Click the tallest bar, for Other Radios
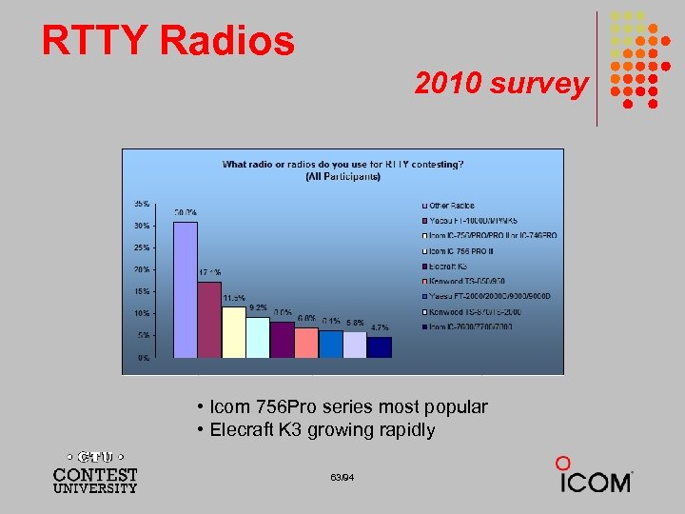pyautogui.click(x=185, y=289)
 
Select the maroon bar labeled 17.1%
pyautogui.click(x=209, y=320)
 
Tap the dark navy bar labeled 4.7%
pyautogui.click(x=380, y=346)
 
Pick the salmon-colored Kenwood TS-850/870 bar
pyautogui.click(x=306, y=343)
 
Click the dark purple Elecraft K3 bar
pyautogui.click(x=283, y=340)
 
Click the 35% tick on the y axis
pyautogui.click(x=140, y=204)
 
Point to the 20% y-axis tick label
pyautogui.click(x=140, y=269)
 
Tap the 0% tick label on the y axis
pyautogui.click(x=142, y=358)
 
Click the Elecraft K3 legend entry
pyautogui.click(x=448, y=267)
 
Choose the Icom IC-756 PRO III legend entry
pyautogui.click(x=465, y=251)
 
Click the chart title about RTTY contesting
pyautogui.click(x=342, y=169)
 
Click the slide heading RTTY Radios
pyautogui.click(x=168, y=41)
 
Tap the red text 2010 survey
pyautogui.click(x=500, y=84)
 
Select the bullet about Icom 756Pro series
pyautogui.click(x=342, y=407)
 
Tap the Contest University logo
pyautogui.click(x=94, y=470)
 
